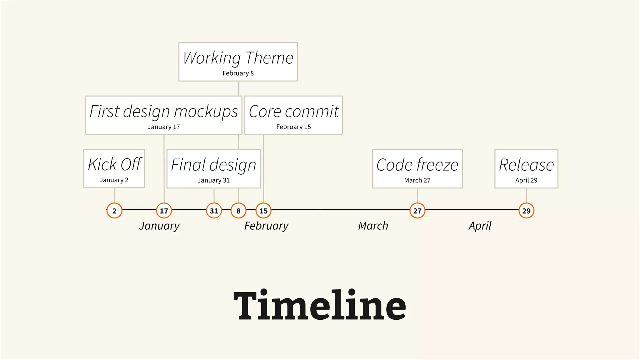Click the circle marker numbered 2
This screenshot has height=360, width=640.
pos(114,211)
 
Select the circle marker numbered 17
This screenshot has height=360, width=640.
pos(164,211)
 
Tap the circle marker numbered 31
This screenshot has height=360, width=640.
pos(214,211)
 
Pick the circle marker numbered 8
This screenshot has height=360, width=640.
pos(238,211)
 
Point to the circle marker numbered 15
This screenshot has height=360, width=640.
pos(263,211)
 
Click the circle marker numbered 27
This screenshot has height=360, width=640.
pos(417,211)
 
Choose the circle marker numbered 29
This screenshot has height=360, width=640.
pos(527,211)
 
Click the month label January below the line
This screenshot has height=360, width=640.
pos(159,226)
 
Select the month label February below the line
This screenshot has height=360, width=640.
pos(266,226)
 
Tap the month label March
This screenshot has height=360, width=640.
pos(373,226)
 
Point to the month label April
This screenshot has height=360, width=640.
pos(480,226)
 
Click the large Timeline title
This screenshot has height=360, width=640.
pos(320,306)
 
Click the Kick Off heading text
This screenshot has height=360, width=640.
pos(115,164)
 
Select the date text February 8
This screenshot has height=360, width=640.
pos(238,73)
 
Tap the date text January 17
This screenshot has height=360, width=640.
pos(164,127)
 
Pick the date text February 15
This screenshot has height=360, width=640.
pos(293,127)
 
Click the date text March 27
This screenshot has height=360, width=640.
pos(417,180)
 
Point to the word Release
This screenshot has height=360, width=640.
pos(526,165)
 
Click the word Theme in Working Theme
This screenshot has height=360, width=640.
pos(269,58)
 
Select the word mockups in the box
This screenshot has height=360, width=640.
pos(206,112)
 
